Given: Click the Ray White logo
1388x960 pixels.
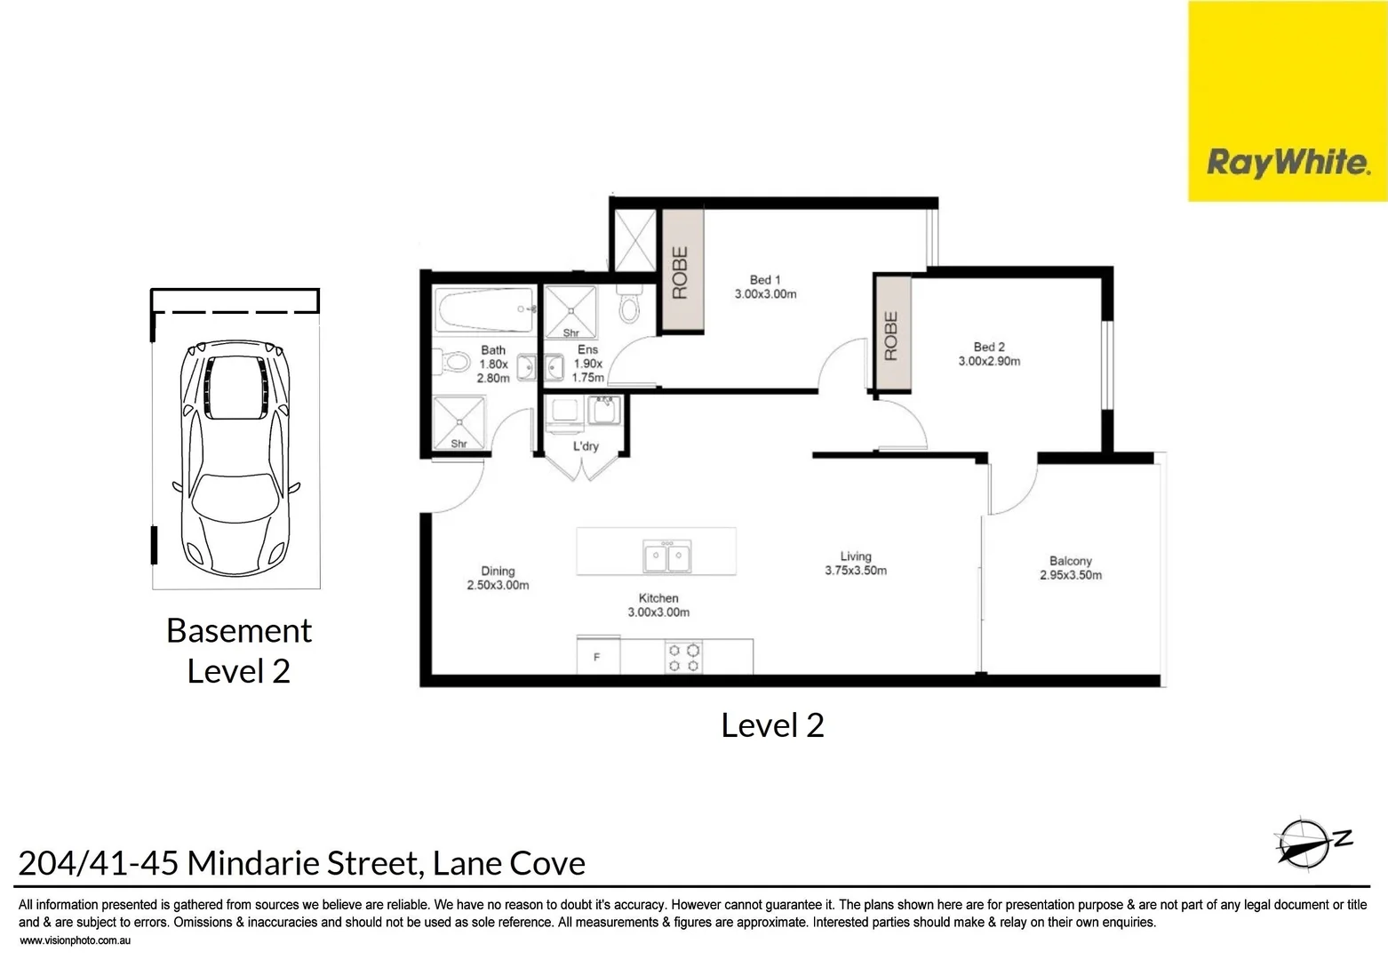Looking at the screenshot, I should tap(1287, 163).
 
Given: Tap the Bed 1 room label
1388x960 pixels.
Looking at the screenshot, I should tap(765, 286).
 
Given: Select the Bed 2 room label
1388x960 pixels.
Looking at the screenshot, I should tap(988, 354).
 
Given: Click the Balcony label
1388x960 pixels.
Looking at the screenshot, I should tap(1070, 568).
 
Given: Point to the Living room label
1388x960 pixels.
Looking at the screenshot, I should tap(855, 564).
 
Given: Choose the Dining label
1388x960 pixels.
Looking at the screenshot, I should tap(498, 578).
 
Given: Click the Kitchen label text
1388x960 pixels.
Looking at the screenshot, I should tap(658, 605).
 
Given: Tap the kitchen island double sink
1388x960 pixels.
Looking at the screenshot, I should tap(667, 556).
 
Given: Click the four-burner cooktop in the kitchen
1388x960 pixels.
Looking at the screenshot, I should tap(683, 658).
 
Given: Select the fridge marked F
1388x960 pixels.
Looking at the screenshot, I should tap(597, 657).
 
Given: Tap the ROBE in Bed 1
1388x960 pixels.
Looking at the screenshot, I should tap(681, 272).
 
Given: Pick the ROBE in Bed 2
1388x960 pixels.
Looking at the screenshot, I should tap(891, 335).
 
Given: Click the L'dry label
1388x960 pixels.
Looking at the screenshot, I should tap(586, 446).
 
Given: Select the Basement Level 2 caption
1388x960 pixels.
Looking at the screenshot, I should tap(239, 650).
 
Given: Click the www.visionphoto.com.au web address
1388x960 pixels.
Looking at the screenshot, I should tap(75, 940).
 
